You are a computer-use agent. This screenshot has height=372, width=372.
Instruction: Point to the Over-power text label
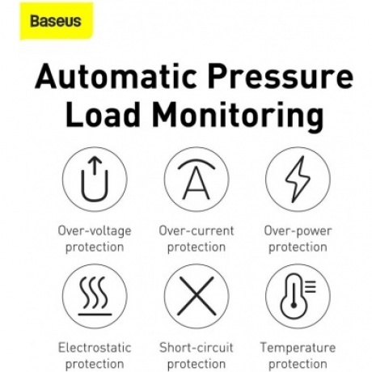point(297,230)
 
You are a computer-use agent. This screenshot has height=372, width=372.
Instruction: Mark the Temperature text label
point(297,347)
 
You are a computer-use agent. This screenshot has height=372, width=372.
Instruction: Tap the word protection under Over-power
point(297,247)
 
